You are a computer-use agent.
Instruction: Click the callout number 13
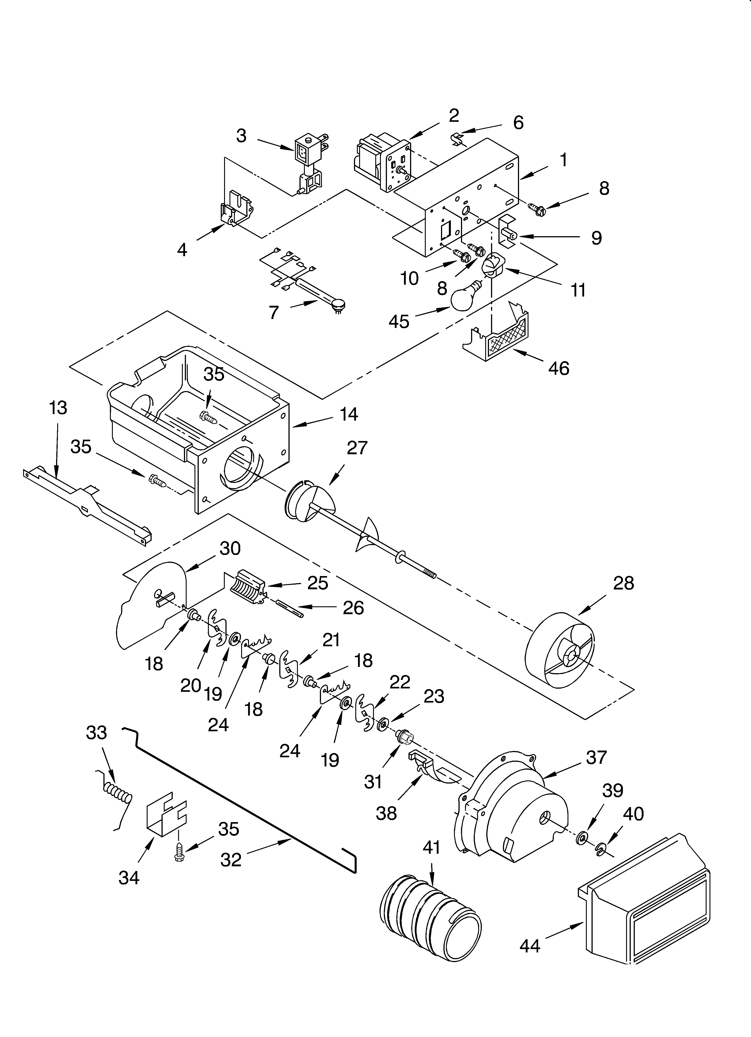pyautogui.click(x=58, y=407)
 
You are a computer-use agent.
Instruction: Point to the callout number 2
pyautogui.click(x=454, y=116)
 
